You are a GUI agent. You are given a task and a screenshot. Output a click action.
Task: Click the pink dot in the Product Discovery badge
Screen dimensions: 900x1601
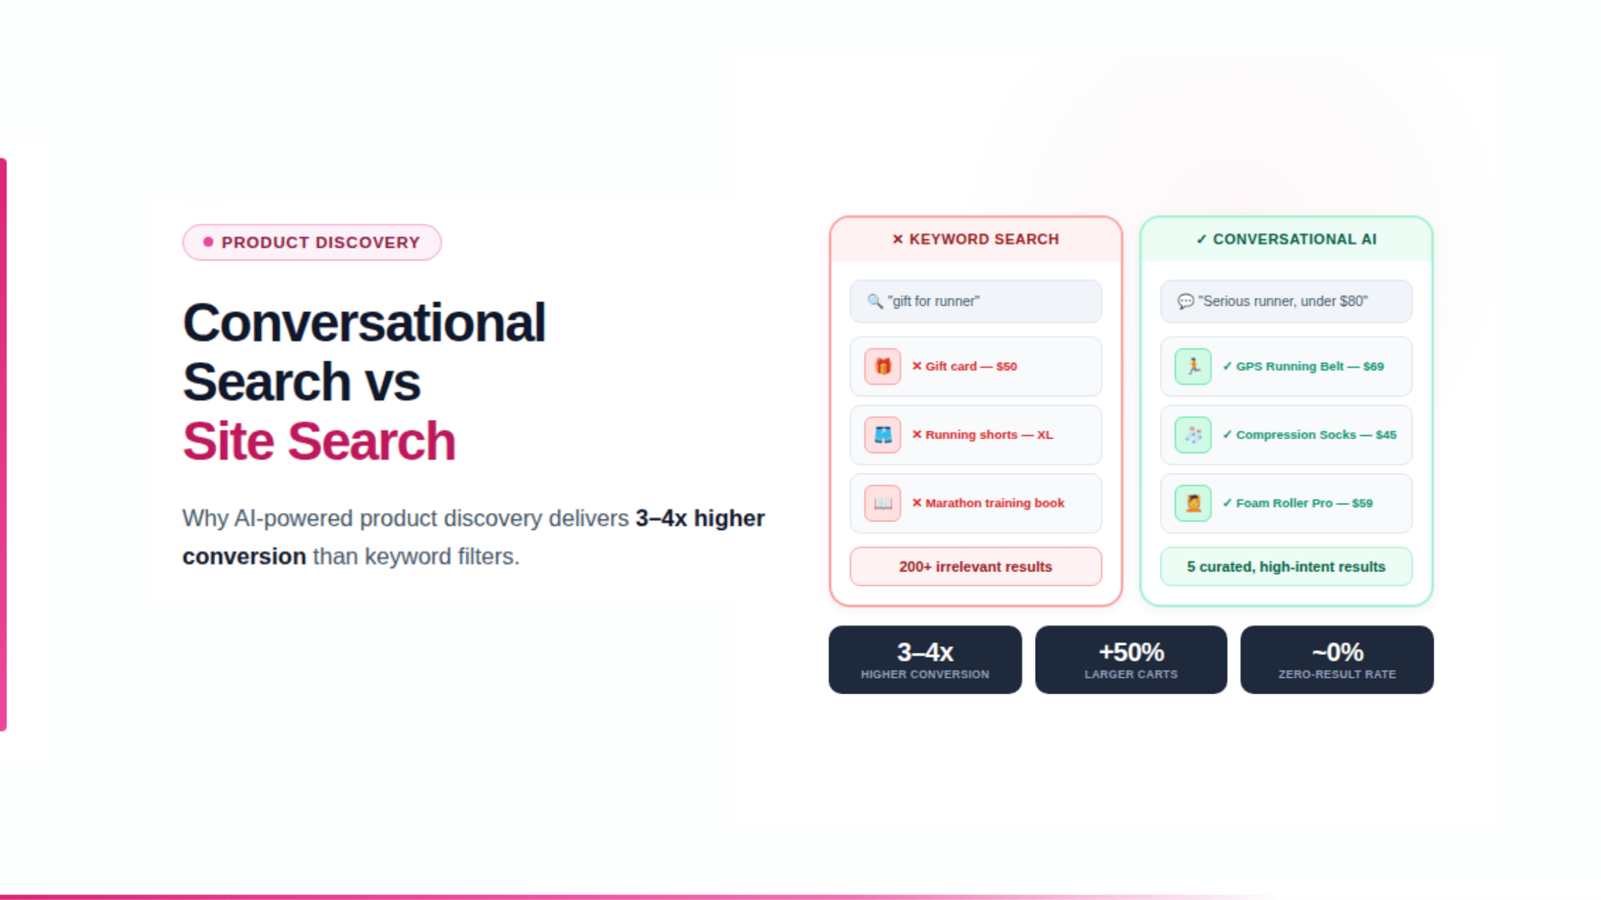coord(208,242)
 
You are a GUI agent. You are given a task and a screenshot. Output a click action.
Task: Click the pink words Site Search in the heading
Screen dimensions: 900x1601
coord(319,441)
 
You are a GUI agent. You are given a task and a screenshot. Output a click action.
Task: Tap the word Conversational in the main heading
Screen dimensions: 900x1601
coord(364,323)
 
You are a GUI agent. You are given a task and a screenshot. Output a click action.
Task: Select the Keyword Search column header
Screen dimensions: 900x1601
coord(976,239)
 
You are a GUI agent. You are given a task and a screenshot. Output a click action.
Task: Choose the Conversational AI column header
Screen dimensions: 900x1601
coord(1286,239)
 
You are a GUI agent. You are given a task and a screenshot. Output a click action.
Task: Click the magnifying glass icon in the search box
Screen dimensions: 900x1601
coord(875,301)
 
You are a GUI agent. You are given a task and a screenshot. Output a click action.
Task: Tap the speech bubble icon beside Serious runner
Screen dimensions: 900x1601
coord(1185,301)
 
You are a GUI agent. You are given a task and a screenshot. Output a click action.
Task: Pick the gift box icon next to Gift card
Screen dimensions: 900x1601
coord(883,366)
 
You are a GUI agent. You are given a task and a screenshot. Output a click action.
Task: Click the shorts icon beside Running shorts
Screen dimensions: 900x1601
coord(883,435)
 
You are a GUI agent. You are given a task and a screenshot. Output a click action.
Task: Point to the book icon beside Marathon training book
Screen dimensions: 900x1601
coord(883,503)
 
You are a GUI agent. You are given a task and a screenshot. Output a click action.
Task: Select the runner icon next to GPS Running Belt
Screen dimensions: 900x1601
coord(1193,366)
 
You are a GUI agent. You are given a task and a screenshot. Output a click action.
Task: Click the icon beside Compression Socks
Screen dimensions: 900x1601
coord(1193,435)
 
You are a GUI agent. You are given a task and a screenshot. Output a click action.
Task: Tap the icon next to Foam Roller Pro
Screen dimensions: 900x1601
coord(1193,503)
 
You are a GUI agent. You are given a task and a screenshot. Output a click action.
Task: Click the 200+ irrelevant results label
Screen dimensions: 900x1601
coord(976,566)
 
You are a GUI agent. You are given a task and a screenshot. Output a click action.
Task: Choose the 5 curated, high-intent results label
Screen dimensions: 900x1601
coord(1286,566)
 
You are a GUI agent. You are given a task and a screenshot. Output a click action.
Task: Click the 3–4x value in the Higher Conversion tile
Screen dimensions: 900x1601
coord(925,651)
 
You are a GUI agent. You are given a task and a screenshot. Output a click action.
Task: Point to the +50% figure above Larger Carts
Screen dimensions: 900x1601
coord(1131,651)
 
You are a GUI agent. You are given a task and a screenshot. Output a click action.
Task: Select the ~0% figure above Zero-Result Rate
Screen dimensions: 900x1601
coord(1337,651)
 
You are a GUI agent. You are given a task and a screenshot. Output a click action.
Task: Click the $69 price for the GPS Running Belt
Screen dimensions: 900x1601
coord(1373,366)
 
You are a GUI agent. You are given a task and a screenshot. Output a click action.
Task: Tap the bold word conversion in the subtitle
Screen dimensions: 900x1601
coord(244,556)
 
